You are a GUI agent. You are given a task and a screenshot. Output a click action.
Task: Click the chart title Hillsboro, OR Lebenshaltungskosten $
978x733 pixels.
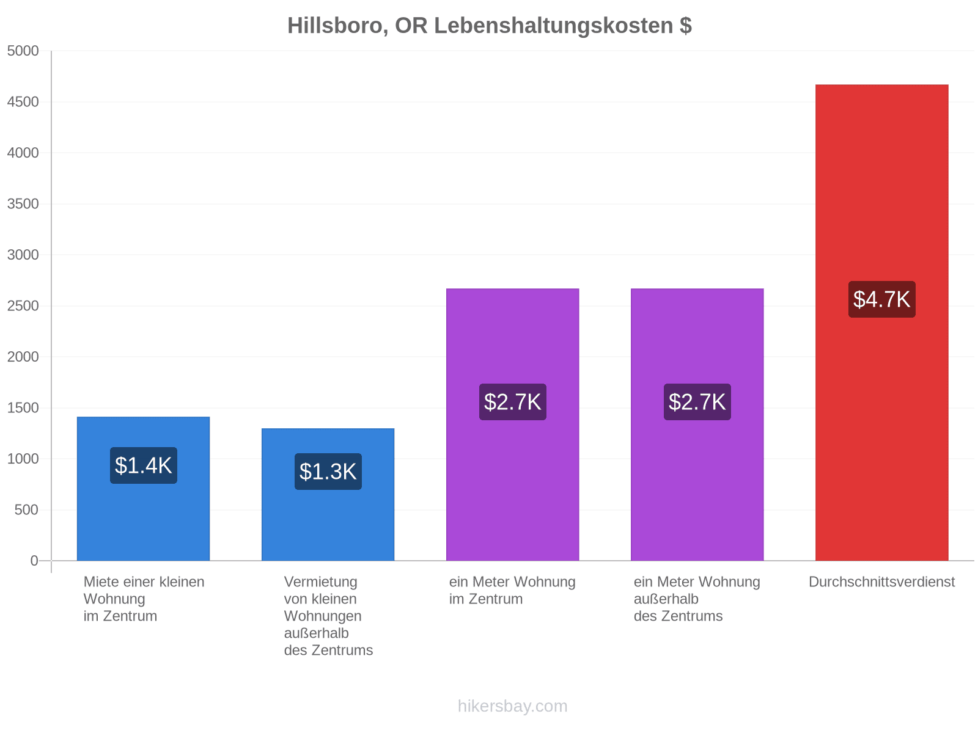point(489,26)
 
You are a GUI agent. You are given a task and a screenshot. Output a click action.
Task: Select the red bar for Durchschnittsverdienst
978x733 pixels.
point(881,323)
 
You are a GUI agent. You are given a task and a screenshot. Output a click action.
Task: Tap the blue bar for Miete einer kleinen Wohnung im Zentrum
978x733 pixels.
point(143,488)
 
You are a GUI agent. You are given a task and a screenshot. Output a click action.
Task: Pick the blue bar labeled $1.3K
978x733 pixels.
point(328,494)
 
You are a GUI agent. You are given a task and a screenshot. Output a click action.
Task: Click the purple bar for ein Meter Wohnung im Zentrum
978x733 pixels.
point(512,424)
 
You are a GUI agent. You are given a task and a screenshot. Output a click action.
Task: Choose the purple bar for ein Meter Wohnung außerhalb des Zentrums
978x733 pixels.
point(697,424)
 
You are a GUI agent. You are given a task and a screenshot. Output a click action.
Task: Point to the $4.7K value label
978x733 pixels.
point(881,299)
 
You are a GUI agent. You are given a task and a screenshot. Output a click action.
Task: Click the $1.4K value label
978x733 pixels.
point(144,465)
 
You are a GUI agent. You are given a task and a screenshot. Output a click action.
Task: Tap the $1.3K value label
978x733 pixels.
point(328,472)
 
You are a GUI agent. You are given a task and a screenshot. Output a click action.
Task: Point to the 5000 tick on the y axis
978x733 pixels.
point(23,51)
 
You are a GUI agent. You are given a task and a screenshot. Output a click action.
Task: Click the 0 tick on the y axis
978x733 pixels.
point(34,560)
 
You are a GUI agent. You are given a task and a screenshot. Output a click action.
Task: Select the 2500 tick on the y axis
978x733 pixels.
point(23,306)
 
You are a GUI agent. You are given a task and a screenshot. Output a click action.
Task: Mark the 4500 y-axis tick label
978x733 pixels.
point(23,102)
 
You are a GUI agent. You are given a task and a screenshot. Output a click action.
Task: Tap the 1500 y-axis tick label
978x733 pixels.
point(23,407)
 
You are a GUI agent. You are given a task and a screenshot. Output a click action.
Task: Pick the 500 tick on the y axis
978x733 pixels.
point(26,509)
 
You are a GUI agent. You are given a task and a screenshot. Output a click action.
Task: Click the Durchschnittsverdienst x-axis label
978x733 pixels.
point(881,582)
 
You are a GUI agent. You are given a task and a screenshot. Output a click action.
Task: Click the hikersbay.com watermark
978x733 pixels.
point(512,706)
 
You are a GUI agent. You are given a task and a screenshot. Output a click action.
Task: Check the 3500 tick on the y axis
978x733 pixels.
point(23,204)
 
